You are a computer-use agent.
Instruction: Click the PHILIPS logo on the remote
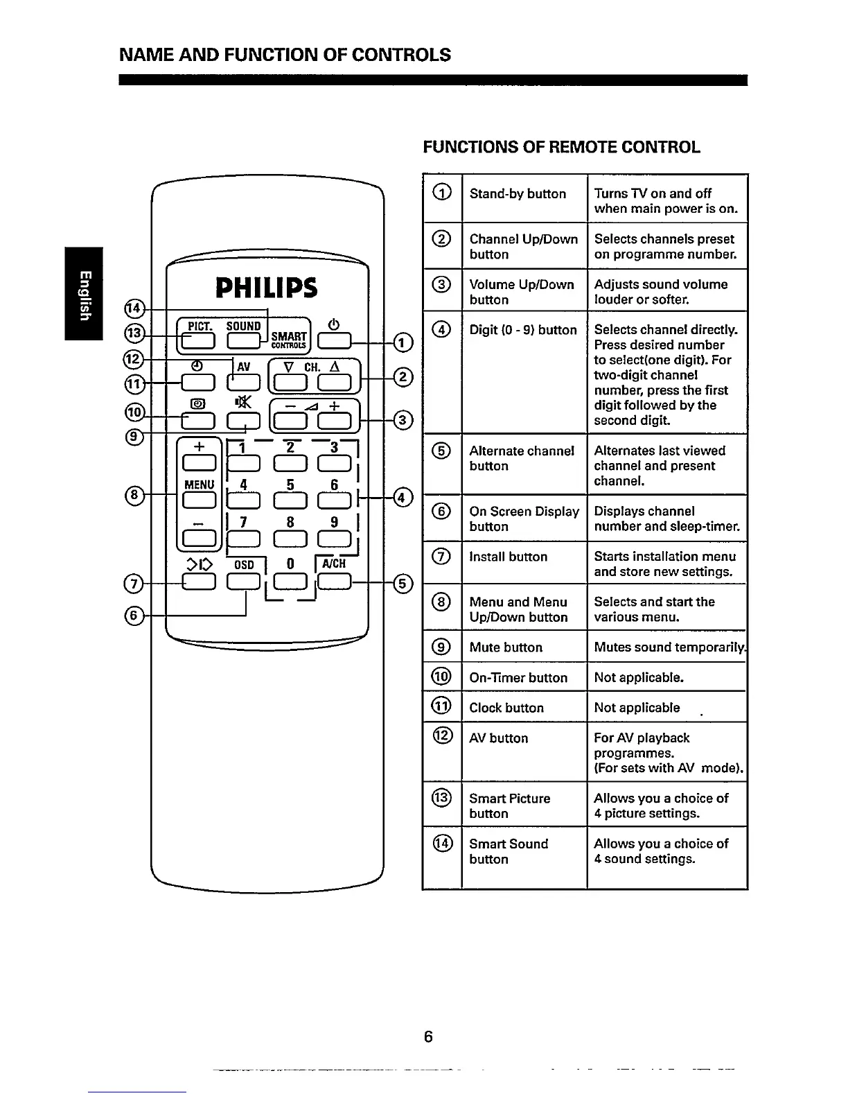[267, 288]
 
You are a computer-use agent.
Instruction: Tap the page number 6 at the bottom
[428, 1037]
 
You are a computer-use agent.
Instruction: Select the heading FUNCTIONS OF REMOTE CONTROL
[561, 147]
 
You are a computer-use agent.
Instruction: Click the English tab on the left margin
[84, 294]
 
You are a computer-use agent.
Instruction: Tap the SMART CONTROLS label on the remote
[289, 338]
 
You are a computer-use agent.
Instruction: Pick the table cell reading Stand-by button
[518, 194]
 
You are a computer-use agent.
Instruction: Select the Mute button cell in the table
[506, 647]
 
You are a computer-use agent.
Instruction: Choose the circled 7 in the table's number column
[442, 557]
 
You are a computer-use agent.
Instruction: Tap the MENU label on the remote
[198, 483]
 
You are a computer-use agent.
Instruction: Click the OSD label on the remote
[244, 564]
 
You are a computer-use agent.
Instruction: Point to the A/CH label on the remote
[333, 564]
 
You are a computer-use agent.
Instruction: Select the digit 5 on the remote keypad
[290, 485]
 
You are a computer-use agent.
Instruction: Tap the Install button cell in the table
[508, 557]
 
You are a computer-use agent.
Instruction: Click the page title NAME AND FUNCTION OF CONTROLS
[285, 55]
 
